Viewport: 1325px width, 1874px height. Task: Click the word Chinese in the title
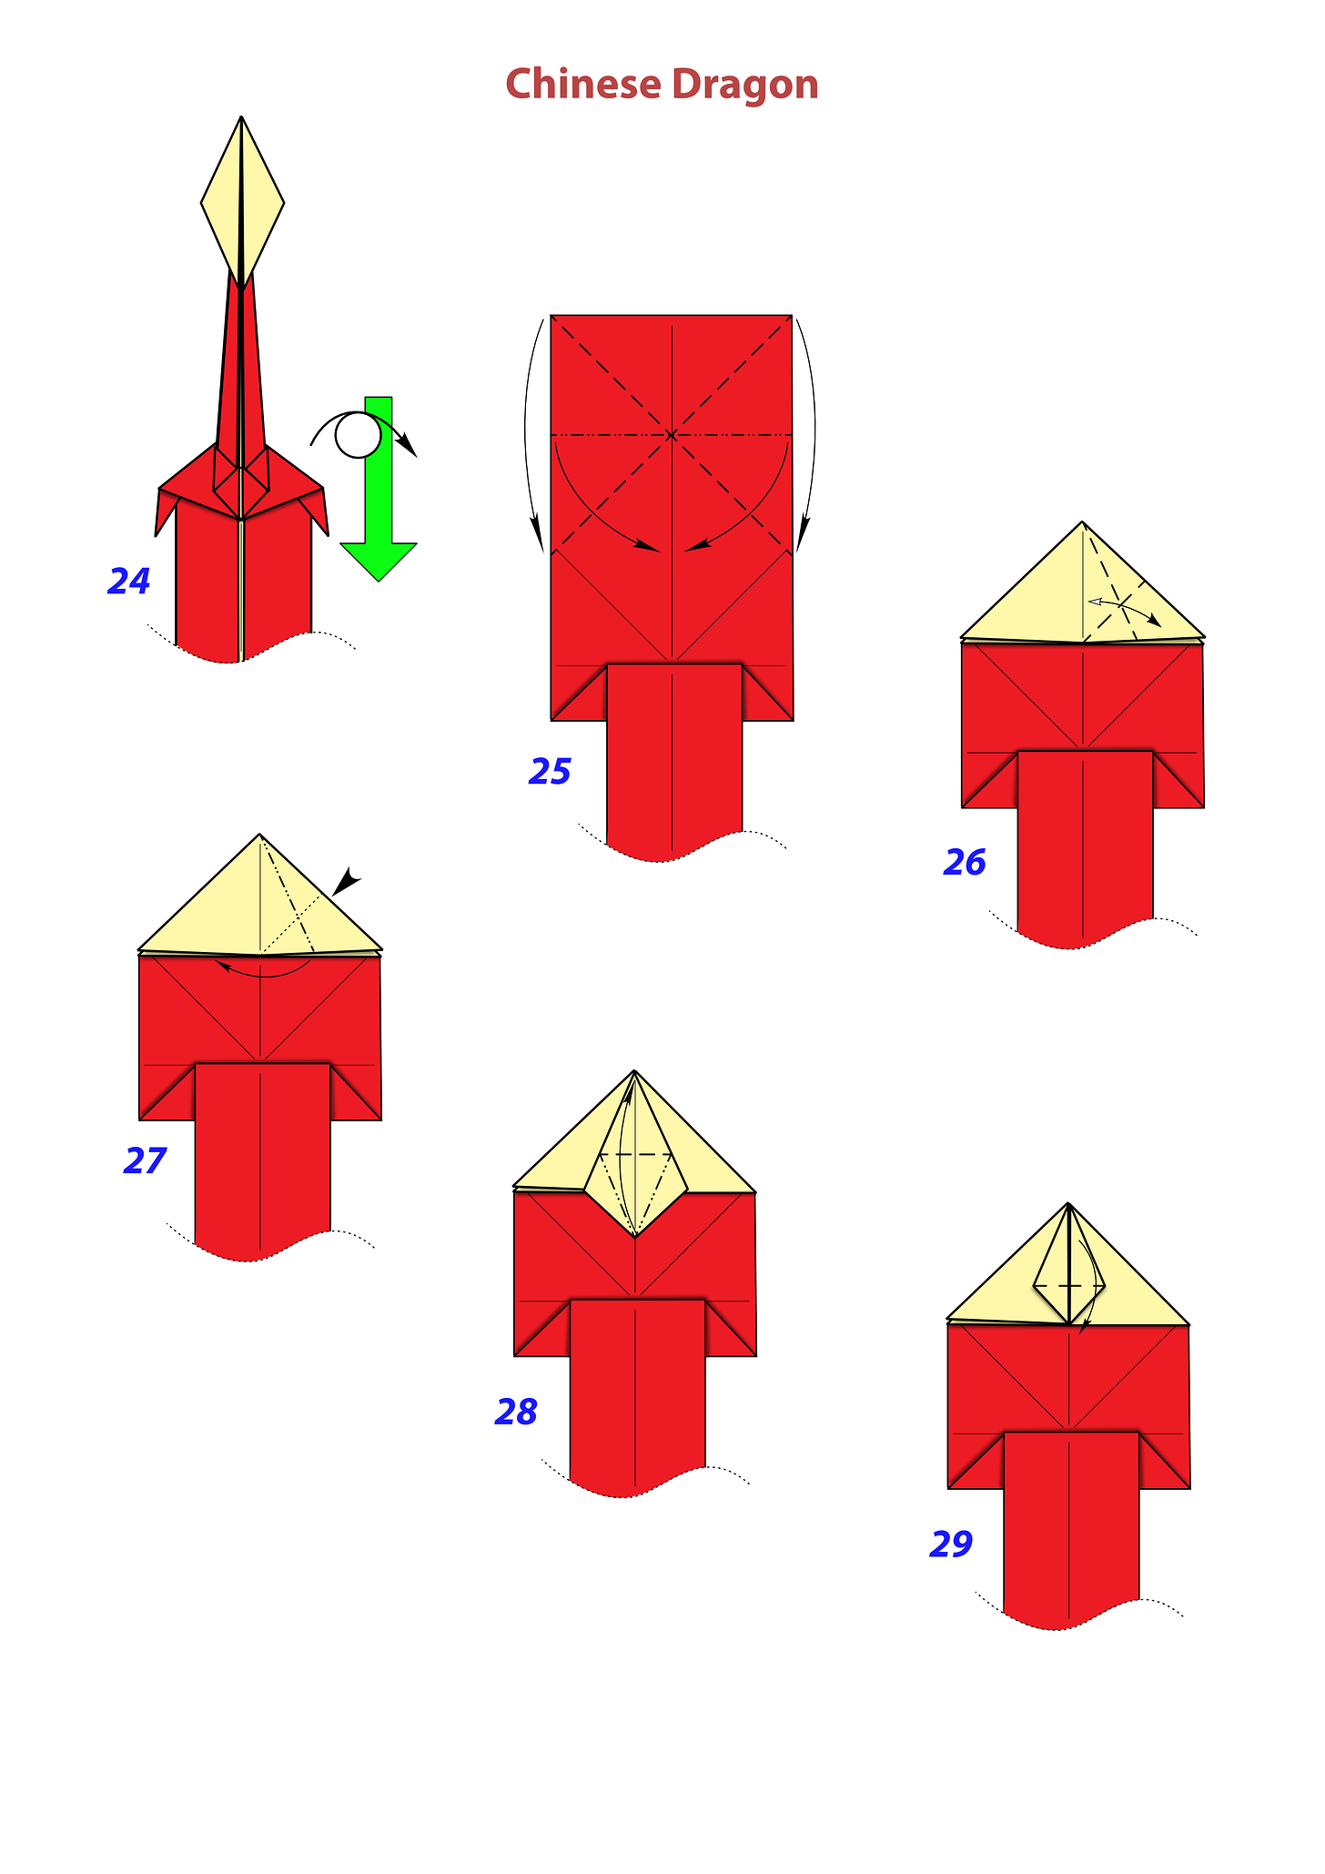pyautogui.click(x=583, y=84)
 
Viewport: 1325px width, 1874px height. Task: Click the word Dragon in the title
pyautogui.click(x=745, y=86)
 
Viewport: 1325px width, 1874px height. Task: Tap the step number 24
pyautogui.click(x=129, y=582)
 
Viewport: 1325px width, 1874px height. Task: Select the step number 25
pyautogui.click(x=550, y=772)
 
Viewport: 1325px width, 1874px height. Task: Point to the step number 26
pyautogui.click(x=965, y=862)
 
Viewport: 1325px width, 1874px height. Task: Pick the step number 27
pyautogui.click(x=145, y=1160)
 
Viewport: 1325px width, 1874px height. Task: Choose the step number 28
pyautogui.click(x=516, y=1412)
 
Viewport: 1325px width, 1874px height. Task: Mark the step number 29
pyautogui.click(x=951, y=1544)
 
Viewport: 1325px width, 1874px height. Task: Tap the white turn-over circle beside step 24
pyautogui.click(x=358, y=435)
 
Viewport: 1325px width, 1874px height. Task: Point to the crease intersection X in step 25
pyautogui.click(x=671, y=435)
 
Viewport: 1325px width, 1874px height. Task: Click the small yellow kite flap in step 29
pyautogui.click(x=1069, y=1270)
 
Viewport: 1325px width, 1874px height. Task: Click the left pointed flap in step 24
pyautogui.click(x=165, y=512)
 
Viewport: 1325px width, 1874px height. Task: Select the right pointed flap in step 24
pyautogui.click(x=319, y=512)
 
